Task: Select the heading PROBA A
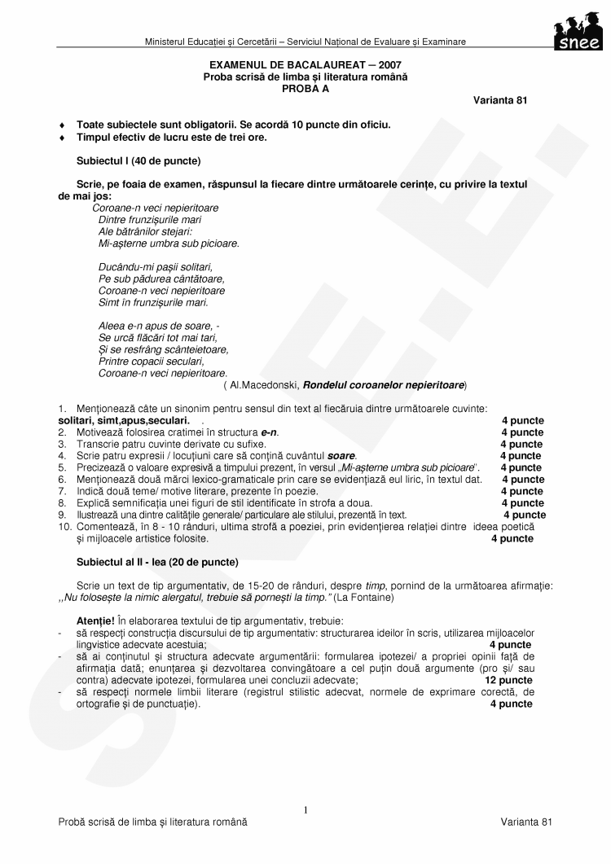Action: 305,88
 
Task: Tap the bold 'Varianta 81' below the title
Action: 500,100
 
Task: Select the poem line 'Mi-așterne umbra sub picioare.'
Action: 169,243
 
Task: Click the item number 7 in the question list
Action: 61,491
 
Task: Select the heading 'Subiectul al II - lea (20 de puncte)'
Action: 157,562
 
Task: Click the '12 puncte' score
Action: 508,680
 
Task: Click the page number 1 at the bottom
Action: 305,809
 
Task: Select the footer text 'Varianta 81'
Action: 526,822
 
